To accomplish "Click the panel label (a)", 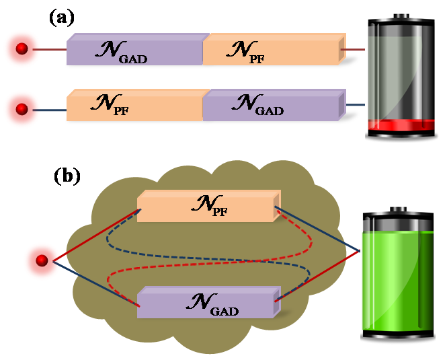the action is pyautogui.click(x=62, y=17).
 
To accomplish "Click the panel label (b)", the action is pyautogui.click(x=67, y=176).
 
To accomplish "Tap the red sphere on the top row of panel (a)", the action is pyautogui.click(x=22, y=48).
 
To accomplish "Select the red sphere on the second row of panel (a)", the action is pyautogui.click(x=22, y=109).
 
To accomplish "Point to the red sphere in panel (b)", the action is pyautogui.click(x=42, y=260).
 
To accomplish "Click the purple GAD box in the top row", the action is pyautogui.click(x=135, y=49).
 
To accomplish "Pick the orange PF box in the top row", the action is pyautogui.click(x=274, y=49).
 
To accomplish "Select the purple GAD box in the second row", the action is pyautogui.click(x=274, y=105).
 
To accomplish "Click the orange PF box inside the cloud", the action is pyautogui.click(x=208, y=206).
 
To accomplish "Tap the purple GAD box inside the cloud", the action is pyautogui.click(x=208, y=302).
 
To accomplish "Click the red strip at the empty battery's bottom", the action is pyautogui.click(x=401, y=125).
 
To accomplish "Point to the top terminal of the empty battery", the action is pyautogui.click(x=401, y=16).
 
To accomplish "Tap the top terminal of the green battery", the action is pyautogui.click(x=398, y=209).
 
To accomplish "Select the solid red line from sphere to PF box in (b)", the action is pyautogui.click(x=96, y=236).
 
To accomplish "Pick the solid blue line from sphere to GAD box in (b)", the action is pyautogui.click(x=96, y=284).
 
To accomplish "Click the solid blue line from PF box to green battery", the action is pyautogui.click(x=317, y=229).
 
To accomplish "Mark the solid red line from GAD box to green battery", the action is pyautogui.click(x=317, y=276).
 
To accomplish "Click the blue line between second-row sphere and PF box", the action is pyautogui.click(x=50, y=110).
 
